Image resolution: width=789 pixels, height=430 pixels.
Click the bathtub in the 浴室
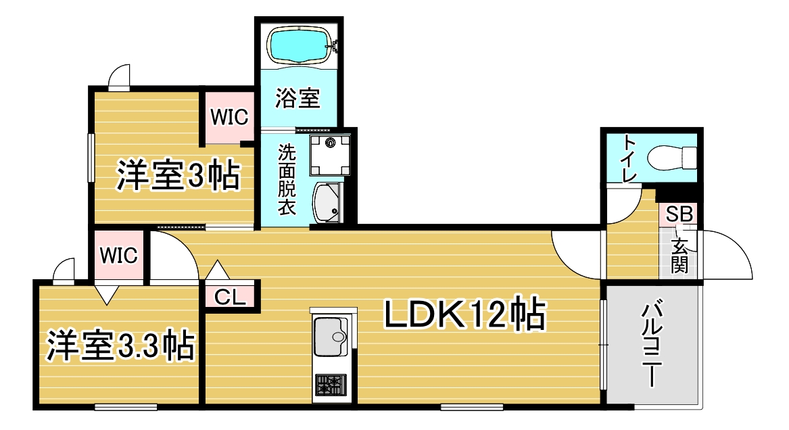click(298, 44)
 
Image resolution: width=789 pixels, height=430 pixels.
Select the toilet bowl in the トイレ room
click(671, 159)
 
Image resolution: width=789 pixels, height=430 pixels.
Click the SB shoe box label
click(679, 215)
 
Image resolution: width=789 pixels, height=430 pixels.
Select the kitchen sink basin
click(331, 334)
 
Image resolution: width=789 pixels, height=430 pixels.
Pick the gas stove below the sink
click(331, 387)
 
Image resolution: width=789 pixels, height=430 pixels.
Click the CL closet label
click(230, 297)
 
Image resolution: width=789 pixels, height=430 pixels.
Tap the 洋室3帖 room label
click(178, 176)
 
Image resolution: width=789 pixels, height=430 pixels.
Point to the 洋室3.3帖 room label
click(120, 345)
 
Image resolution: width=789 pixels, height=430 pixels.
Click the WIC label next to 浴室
click(229, 117)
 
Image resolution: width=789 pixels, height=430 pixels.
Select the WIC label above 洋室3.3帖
click(119, 255)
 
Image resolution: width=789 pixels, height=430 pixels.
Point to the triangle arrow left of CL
click(218, 272)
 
